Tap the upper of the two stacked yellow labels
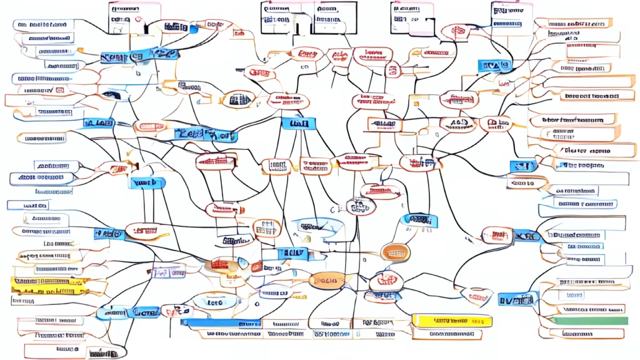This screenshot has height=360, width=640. pos(50,282)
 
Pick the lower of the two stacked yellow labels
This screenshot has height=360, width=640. pos(50,292)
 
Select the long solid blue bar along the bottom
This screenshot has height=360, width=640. pos(220,322)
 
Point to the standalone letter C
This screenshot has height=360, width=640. pos(333,209)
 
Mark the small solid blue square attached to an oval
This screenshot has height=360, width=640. pos(193,28)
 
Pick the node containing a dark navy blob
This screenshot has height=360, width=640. pos(112,94)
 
